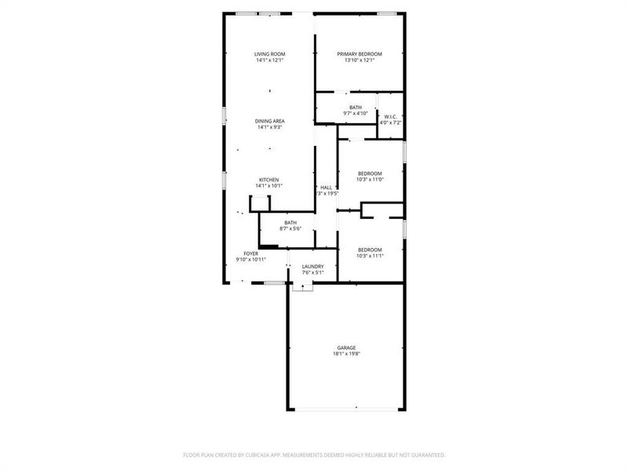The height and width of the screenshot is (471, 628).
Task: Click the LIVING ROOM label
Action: coord(269,54)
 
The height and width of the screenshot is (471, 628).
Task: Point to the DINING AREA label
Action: coord(269,121)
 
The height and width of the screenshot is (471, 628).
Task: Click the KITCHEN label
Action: coord(269,180)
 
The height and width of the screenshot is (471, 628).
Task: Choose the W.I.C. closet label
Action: coord(390,117)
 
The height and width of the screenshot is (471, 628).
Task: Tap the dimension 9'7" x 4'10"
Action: coord(356,114)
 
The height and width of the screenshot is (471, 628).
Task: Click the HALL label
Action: coord(325,187)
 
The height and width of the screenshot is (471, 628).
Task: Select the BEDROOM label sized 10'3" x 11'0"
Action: coord(370,173)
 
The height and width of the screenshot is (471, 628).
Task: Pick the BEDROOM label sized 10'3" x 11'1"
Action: coord(369,250)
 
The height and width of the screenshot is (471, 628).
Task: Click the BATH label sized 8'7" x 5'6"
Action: coord(290,222)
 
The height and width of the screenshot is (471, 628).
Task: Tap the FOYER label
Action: coord(250,254)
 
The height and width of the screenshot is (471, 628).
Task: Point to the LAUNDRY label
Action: coord(312,267)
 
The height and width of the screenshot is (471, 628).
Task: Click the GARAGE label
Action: coord(346,348)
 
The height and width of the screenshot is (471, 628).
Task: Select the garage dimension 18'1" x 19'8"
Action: coord(346,354)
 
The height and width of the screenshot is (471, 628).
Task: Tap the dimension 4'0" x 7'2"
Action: coord(390,123)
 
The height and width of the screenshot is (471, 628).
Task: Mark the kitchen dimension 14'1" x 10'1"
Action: coord(269,186)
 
